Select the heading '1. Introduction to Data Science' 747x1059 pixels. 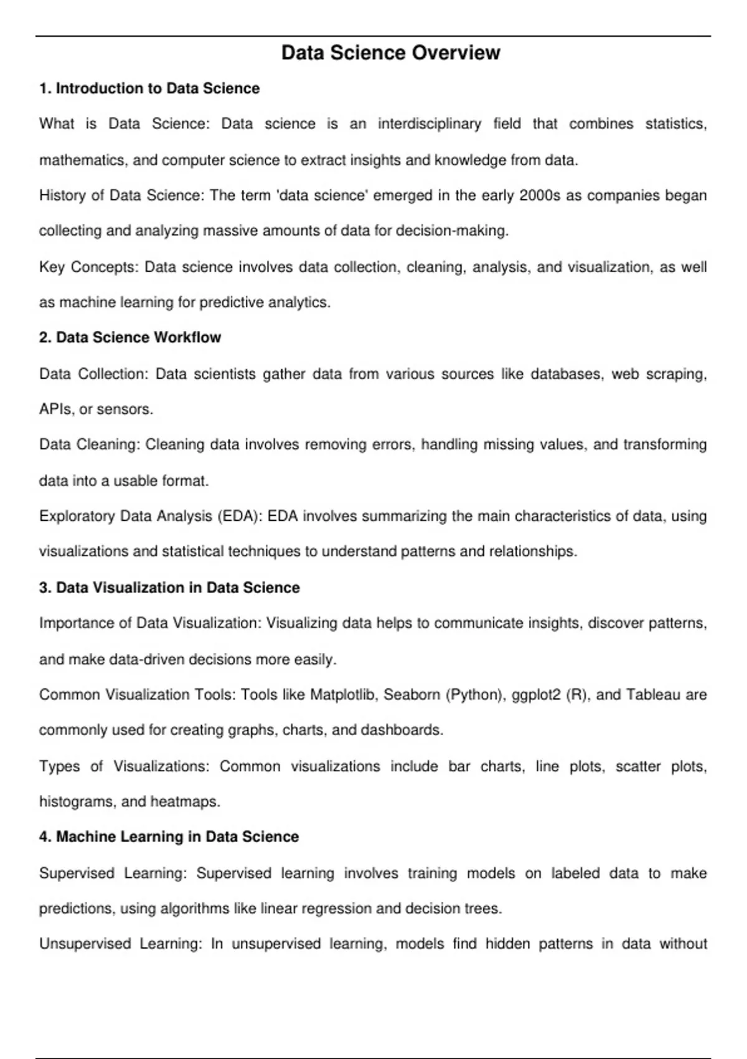click(149, 88)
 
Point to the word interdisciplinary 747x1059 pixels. click(430, 124)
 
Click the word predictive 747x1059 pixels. click(232, 303)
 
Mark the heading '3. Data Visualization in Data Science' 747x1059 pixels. click(169, 587)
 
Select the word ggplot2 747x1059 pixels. click(535, 695)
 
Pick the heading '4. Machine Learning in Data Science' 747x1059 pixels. click(169, 837)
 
